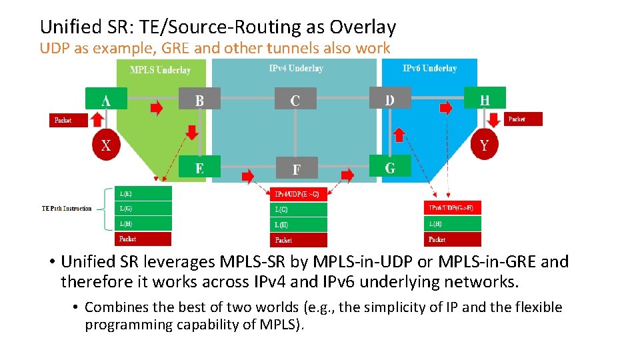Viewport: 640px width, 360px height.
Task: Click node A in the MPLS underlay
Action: [106, 100]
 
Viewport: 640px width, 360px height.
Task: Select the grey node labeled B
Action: [199, 100]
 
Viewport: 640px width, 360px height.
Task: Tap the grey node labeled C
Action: [295, 100]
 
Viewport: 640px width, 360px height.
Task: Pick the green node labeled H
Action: [485, 99]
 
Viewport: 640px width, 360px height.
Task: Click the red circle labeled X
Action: [106, 146]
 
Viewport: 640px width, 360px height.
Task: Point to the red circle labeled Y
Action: [485, 145]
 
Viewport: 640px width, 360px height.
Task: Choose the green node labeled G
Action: [390, 167]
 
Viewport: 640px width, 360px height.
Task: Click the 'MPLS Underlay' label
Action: [160, 69]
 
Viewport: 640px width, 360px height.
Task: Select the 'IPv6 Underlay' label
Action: [430, 68]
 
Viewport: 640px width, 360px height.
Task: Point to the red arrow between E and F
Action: [247, 175]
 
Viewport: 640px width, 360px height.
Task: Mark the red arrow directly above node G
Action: [399, 135]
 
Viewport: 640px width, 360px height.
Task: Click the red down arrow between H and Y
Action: [494, 120]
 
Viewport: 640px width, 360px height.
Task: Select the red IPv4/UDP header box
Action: [297, 195]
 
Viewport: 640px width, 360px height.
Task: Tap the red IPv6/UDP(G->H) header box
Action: [452, 208]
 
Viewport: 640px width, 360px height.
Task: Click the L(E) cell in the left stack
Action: [143, 194]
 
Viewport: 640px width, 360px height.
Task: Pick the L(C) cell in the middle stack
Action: [297, 209]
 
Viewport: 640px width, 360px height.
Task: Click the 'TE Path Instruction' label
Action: [67, 209]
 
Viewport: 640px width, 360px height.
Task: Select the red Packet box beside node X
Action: [70, 120]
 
